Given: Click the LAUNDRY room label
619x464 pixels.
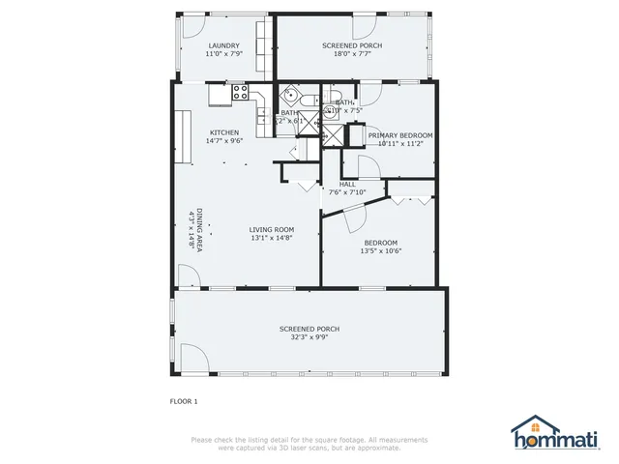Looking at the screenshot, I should click(x=223, y=45).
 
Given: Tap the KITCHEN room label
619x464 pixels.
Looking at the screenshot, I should click(x=224, y=132).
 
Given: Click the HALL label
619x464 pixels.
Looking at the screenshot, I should click(x=347, y=184).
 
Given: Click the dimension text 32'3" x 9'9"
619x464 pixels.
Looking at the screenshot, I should click(x=309, y=338).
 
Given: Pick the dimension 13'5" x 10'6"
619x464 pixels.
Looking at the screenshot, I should click(x=381, y=251).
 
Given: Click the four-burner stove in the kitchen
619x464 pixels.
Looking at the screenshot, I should click(x=241, y=93).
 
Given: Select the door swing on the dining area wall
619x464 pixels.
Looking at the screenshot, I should click(x=189, y=278).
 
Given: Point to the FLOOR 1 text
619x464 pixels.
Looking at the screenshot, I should click(x=183, y=400).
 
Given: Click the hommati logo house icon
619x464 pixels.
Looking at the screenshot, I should click(x=531, y=427).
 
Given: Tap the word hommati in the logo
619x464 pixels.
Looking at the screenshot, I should click(x=568, y=439).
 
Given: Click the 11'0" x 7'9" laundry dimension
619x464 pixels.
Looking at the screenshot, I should click(x=223, y=54).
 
